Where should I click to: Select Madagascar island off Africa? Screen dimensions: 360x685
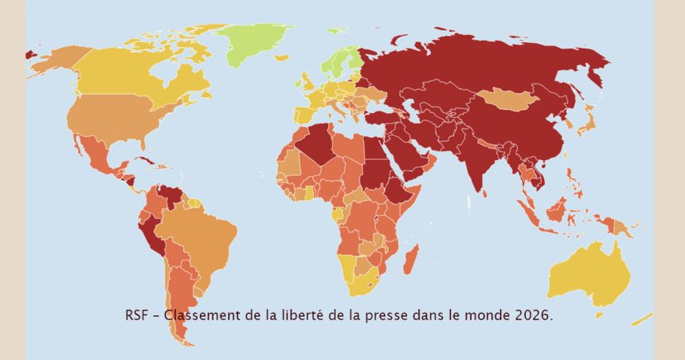[x=411, y=260]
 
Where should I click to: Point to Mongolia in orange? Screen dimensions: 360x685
[x=505, y=100]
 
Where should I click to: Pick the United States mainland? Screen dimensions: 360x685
[x=112, y=119]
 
